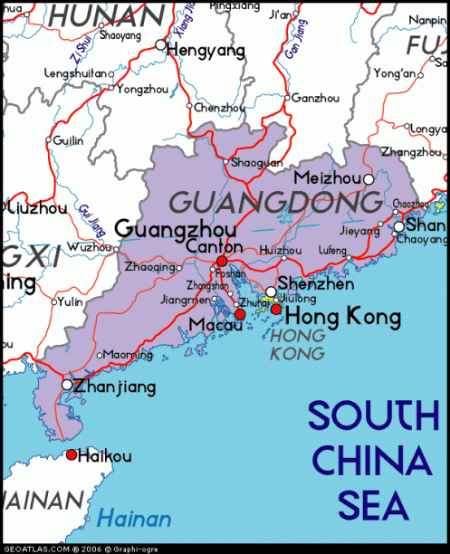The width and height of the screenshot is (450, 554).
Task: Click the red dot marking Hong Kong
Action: pyautogui.click(x=275, y=310)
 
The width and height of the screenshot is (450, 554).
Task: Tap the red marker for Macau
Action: pyautogui.click(x=240, y=314)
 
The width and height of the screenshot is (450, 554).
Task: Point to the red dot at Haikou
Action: pyautogui.click(x=72, y=454)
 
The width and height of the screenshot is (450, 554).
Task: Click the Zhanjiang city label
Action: pyautogui.click(x=114, y=387)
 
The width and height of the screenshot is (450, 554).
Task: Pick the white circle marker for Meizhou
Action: pyautogui.click(x=369, y=179)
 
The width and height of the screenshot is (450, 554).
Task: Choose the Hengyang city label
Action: pyautogui.click(x=206, y=51)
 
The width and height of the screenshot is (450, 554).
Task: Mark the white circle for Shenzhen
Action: pyautogui.click(x=271, y=291)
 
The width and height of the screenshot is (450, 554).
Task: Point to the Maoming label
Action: pyautogui.click(x=121, y=355)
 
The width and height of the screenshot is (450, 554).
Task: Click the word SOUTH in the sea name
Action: pyautogui.click(x=372, y=417)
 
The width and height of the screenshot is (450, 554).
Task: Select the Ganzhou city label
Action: pyautogui.click(x=315, y=98)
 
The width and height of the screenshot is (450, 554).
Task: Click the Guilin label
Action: pyautogui.click(x=68, y=140)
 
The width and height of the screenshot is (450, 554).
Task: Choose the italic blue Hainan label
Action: pyautogui.click(x=134, y=519)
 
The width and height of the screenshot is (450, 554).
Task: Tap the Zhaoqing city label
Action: pyautogui.click(x=147, y=268)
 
